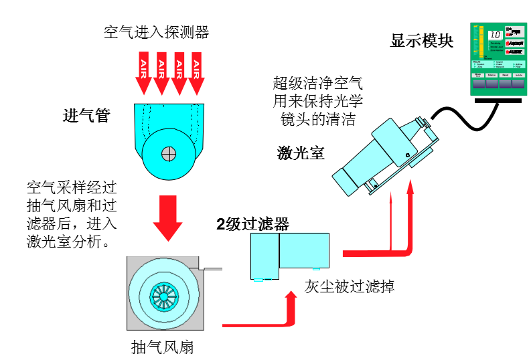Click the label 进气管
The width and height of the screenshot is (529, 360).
[x=86, y=116]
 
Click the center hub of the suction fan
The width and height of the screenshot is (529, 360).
[x=164, y=294]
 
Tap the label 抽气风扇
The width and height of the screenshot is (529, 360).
[x=163, y=347]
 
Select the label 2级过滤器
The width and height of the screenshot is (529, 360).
[x=252, y=224]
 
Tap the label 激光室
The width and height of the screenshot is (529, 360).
[x=301, y=153]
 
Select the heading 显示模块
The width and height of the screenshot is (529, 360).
[x=422, y=41]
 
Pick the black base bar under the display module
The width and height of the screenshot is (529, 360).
[x=498, y=100]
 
